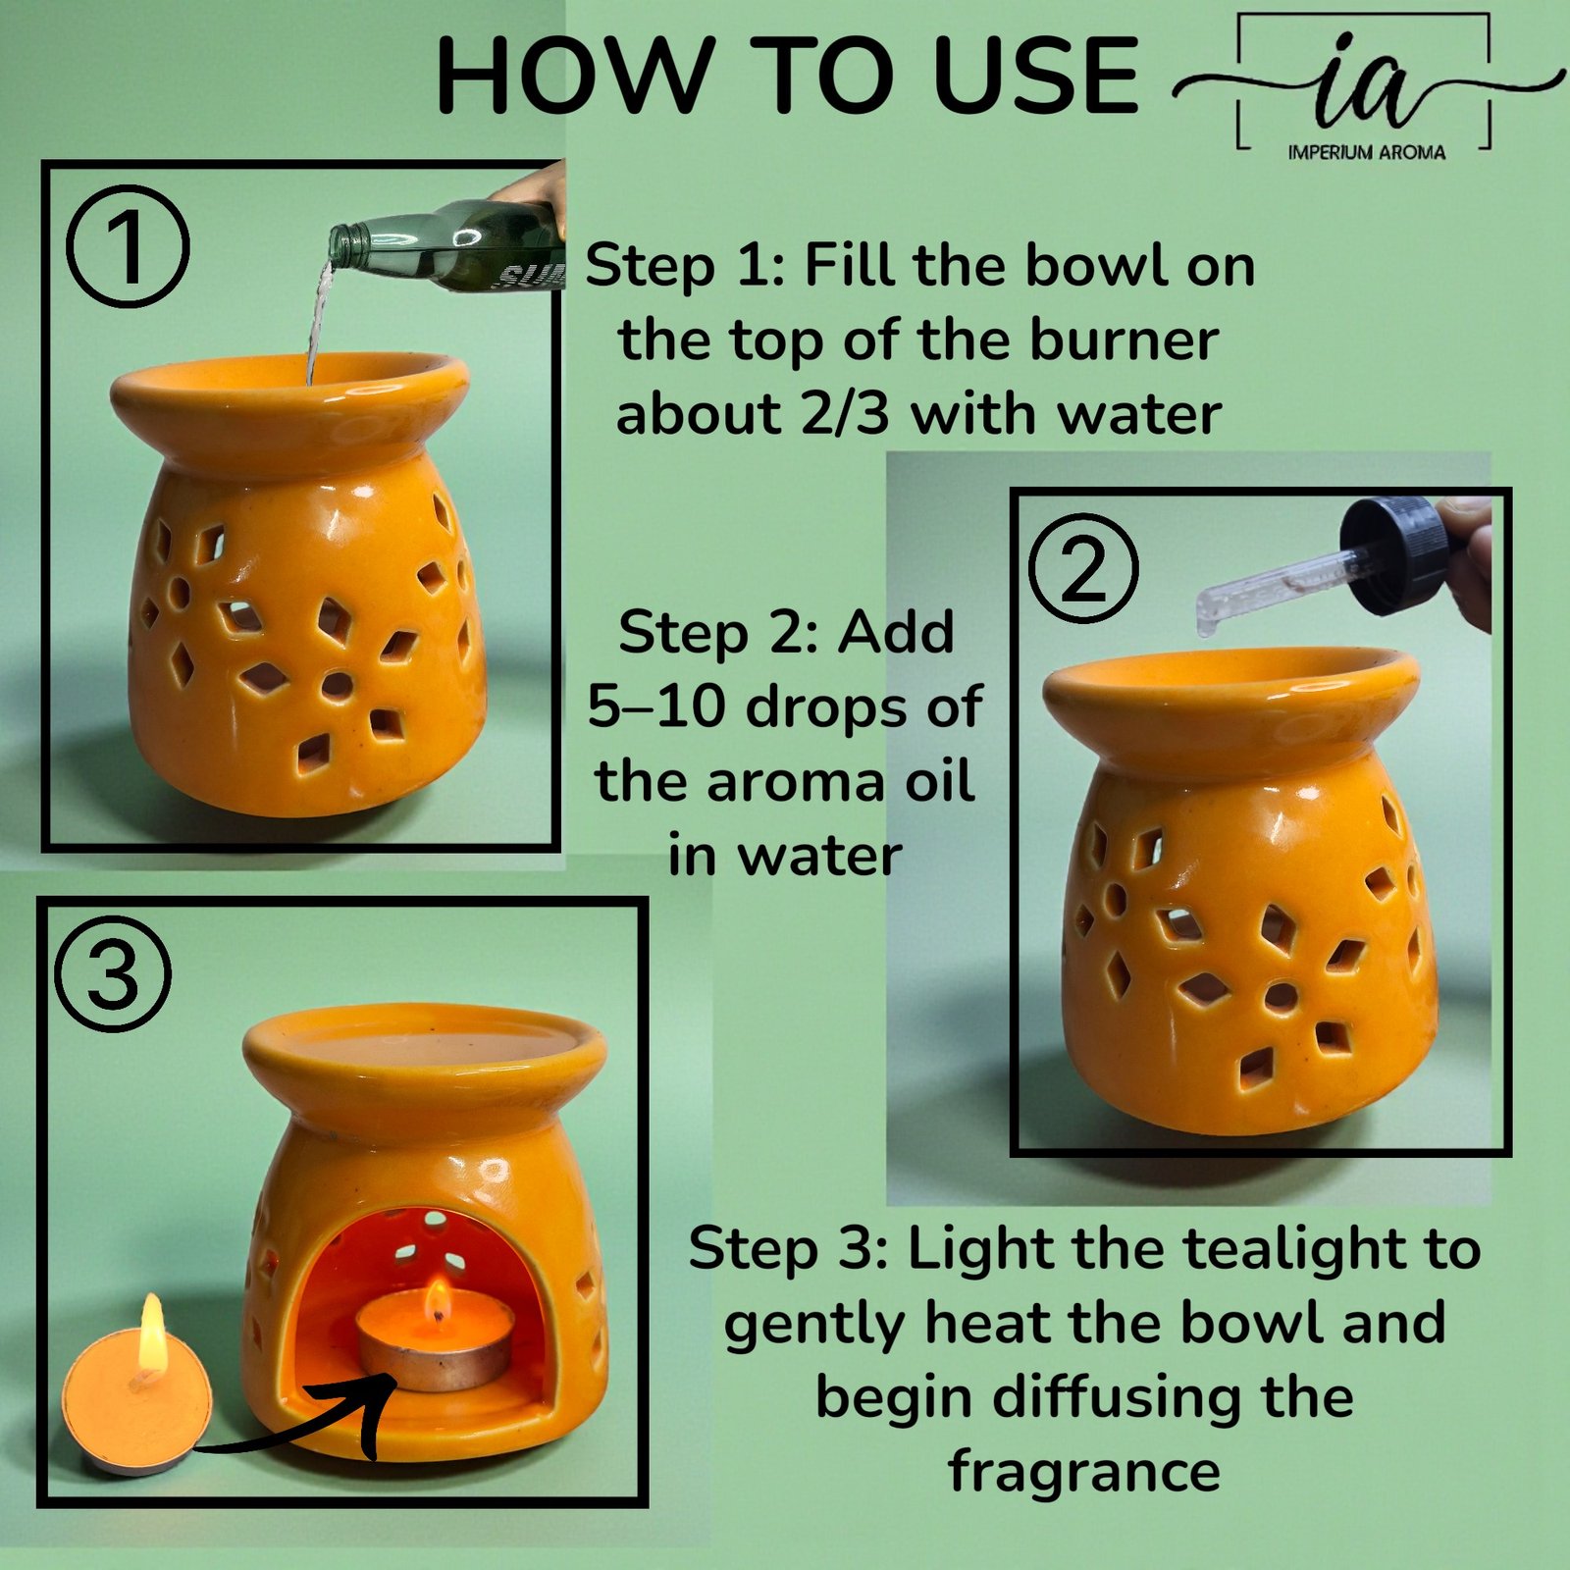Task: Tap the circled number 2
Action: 1083,569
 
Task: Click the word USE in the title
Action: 1035,77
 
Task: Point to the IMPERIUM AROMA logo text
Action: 1366,153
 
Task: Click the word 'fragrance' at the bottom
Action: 1084,1471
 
